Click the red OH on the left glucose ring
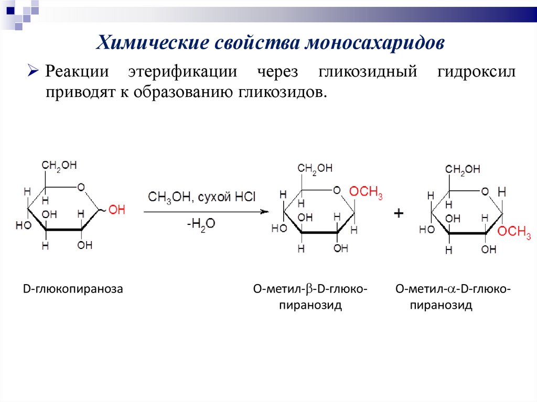(117, 210)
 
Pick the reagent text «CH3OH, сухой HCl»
(202, 198)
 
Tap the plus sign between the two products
(399, 214)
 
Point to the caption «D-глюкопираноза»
(72, 289)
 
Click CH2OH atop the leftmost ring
(59, 166)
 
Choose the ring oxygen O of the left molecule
(81, 187)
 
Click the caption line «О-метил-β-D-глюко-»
(310, 289)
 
